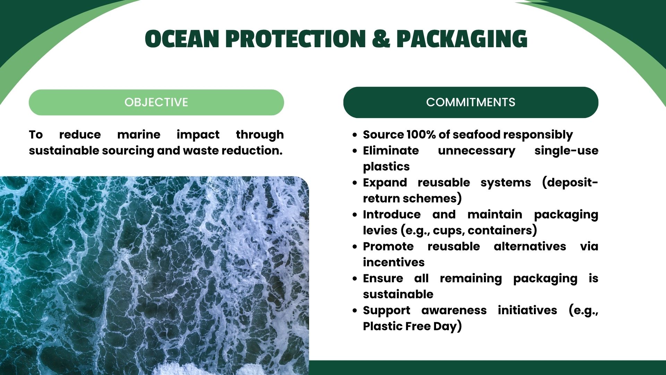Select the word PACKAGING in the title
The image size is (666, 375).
pos(462,39)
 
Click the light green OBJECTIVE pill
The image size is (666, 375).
pos(156,102)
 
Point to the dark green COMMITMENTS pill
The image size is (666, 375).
pos(471,102)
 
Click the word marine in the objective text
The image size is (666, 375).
pos(139,134)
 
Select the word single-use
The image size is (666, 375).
pos(566,151)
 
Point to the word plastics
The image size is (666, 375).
pos(386,167)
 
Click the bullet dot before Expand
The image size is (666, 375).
pos(355,183)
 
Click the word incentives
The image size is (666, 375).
pos(394,262)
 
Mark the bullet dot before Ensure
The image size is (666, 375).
pos(355,278)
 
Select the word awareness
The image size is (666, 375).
pos(454,310)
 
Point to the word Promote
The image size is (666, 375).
pos(388,246)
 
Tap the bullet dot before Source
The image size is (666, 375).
pos(355,135)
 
